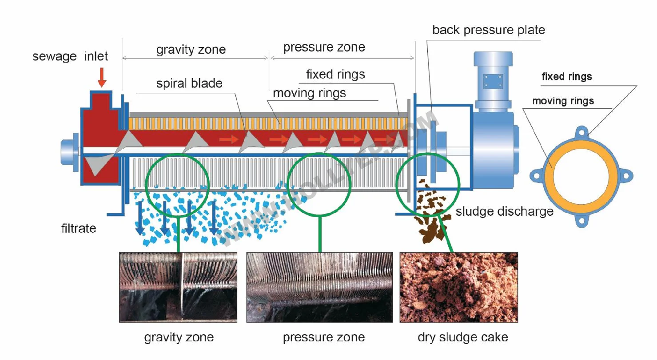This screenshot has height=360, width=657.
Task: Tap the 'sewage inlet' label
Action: [70, 56]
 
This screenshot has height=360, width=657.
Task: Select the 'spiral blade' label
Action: [189, 83]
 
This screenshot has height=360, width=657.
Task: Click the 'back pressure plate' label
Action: [488, 30]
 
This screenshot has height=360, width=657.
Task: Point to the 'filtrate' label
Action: [79, 228]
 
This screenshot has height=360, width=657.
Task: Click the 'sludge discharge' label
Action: [505, 211]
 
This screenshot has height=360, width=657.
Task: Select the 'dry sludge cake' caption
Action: [462, 337]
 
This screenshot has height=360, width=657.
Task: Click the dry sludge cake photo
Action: [458, 287]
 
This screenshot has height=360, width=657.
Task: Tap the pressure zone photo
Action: [319, 287]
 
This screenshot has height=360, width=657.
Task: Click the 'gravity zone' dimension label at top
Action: [191, 49]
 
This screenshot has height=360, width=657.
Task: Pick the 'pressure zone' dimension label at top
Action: [324, 47]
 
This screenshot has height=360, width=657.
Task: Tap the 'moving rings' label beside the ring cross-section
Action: [563, 101]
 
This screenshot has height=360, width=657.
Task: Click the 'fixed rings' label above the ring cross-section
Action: [566, 76]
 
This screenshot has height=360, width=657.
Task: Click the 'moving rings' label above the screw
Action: [309, 93]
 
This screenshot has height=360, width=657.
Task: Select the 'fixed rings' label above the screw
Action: [335, 74]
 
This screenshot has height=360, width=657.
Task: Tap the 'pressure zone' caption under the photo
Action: [324, 337]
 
